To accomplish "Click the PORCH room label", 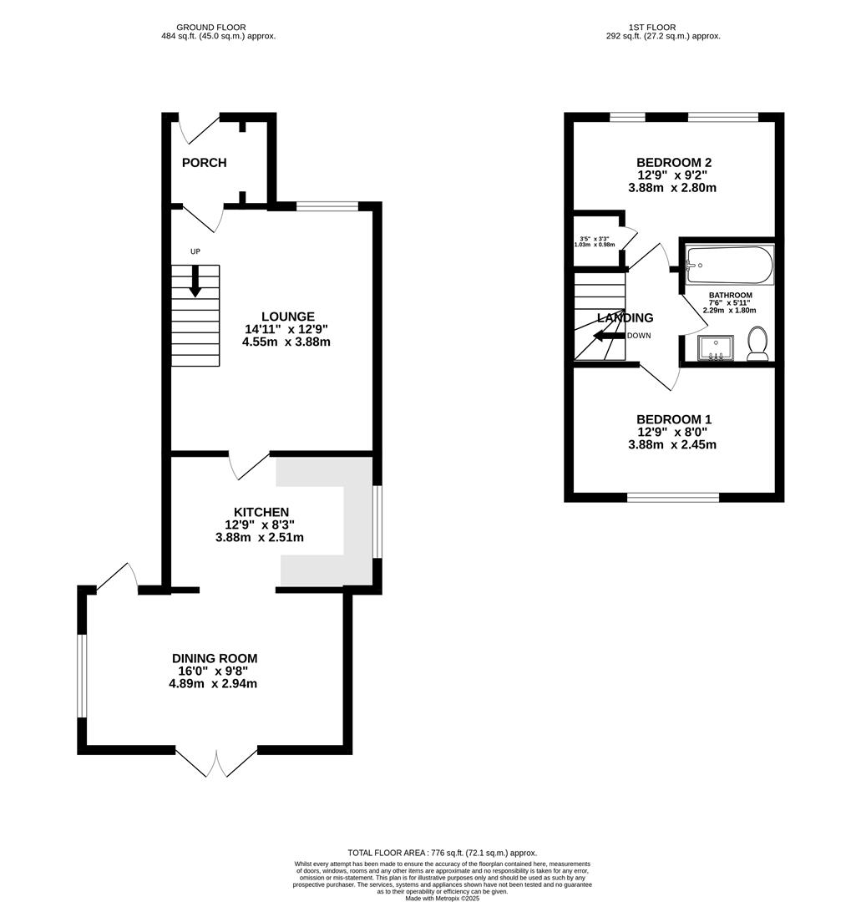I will (204, 163).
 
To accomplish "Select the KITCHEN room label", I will (261, 512).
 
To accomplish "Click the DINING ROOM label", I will (215, 658).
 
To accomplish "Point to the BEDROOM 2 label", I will (673, 162).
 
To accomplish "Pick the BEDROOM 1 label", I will (673, 419).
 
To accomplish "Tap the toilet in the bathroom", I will (757, 343).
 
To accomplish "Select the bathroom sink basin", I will (715, 347).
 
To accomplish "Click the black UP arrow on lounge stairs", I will (195, 281).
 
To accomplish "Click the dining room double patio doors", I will (216, 762).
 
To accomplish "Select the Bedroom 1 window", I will (673, 497).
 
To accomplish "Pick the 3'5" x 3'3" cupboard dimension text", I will (595, 241).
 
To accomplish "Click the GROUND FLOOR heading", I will (218, 28).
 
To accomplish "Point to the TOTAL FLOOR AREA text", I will (442, 853).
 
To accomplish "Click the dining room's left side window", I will (82, 675).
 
